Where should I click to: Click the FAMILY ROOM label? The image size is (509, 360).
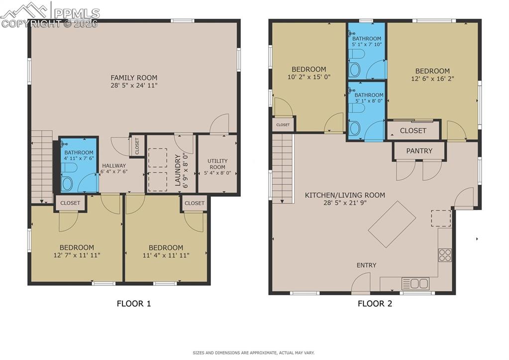tap(134, 78)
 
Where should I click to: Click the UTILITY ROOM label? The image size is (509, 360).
tap(217, 164)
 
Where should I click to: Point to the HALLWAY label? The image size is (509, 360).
tap(114, 166)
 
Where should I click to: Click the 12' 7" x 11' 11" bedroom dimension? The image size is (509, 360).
tap(77, 255)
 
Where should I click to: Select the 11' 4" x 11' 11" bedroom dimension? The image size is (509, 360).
tap(166, 255)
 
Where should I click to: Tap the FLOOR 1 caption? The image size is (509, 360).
tap(133, 303)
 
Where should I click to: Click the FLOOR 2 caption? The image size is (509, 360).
tap(375, 303)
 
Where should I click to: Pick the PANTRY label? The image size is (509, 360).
tap(419, 151)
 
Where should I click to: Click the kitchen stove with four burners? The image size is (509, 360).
tap(445, 255)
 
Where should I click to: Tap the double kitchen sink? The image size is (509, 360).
tap(415, 284)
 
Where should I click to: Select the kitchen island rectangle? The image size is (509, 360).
tap(392, 224)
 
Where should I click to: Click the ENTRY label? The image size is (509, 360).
tap(366, 265)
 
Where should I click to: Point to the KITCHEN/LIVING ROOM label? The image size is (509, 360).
tap(345, 195)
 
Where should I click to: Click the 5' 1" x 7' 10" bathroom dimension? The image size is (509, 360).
tap(367, 45)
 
